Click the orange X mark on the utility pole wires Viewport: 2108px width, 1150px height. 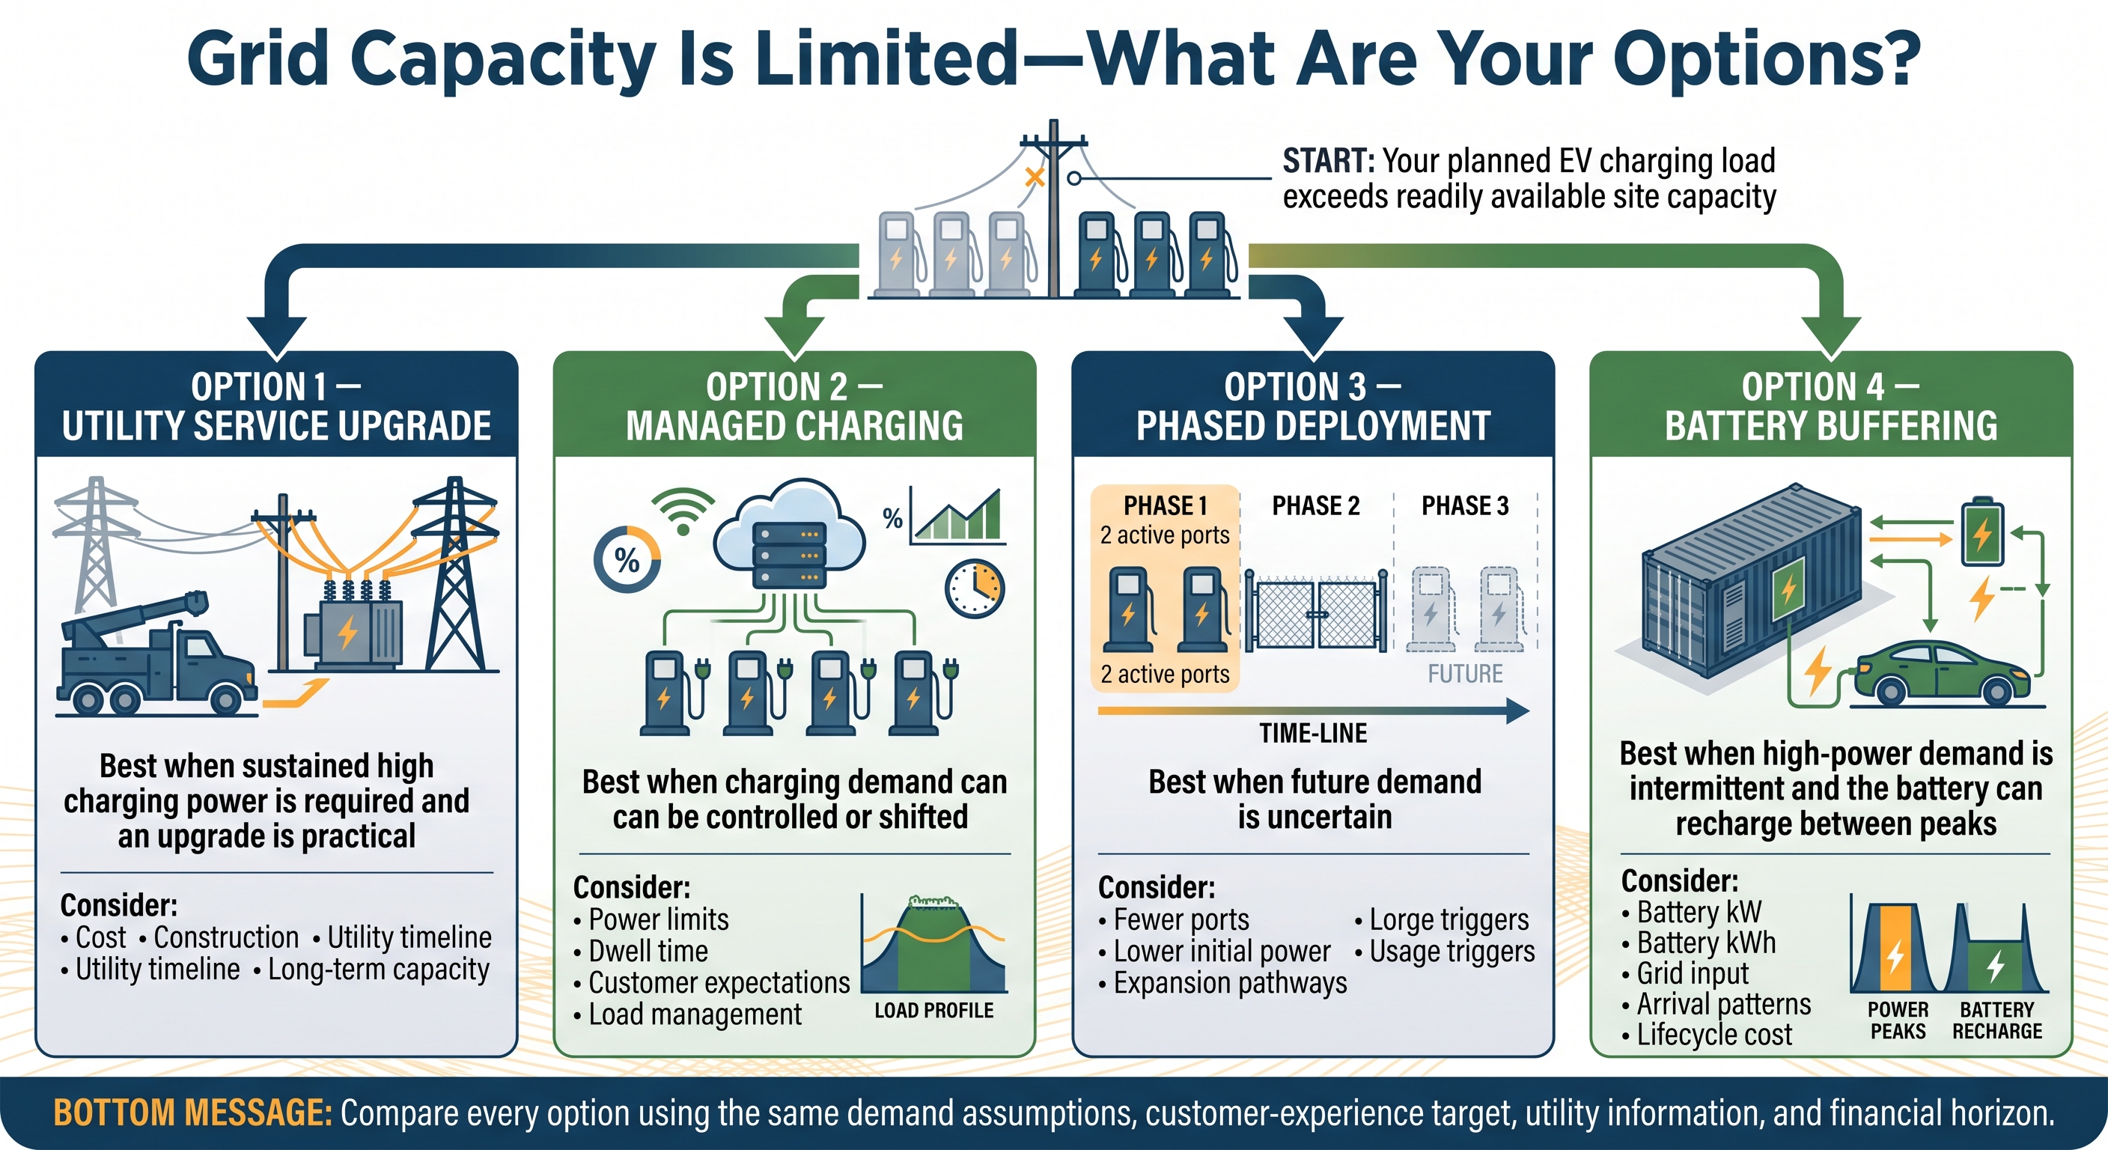pos(1035,177)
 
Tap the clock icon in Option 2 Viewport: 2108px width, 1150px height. pos(975,588)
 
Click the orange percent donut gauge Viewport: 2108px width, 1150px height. pos(627,560)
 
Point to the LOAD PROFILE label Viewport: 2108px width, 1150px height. pos(933,1010)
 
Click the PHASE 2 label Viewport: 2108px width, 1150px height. pos(1316,506)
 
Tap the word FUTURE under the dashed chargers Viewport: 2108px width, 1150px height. pos(1465,674)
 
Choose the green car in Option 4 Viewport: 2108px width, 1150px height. pos(1949,672)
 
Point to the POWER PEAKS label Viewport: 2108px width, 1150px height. pos(1898,1020)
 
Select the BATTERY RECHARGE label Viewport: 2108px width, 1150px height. pos(1996,1020)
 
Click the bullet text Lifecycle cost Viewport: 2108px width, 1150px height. pos(1713,1035)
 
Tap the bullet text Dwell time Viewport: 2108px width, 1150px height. pos(648,951)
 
